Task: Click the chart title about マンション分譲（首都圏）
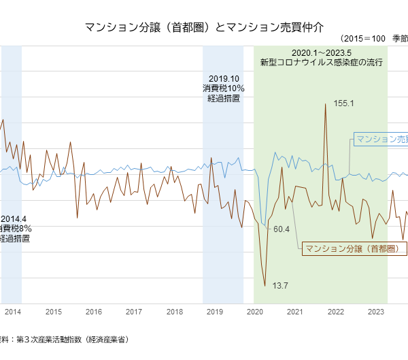point(204,27)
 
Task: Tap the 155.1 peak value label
point(344,103)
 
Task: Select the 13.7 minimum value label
point(280,285)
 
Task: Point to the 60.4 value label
point(282,229)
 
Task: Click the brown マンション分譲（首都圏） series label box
point(354,249)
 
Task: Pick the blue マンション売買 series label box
point(381,139)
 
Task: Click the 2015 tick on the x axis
point(54,312)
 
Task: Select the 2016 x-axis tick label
point(94,312)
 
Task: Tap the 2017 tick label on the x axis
point(134,312)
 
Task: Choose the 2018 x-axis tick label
point(175,312)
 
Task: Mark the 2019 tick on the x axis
point(215,312)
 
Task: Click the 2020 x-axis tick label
point(255,312)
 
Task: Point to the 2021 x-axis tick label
point(295,312)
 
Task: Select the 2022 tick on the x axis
point(335,312)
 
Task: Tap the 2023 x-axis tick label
point(375,312)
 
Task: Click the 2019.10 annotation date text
point(223,78)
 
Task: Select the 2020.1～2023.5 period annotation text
point(321,52)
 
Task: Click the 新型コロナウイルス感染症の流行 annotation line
point(321,63)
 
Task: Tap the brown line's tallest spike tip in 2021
point(326,103)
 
